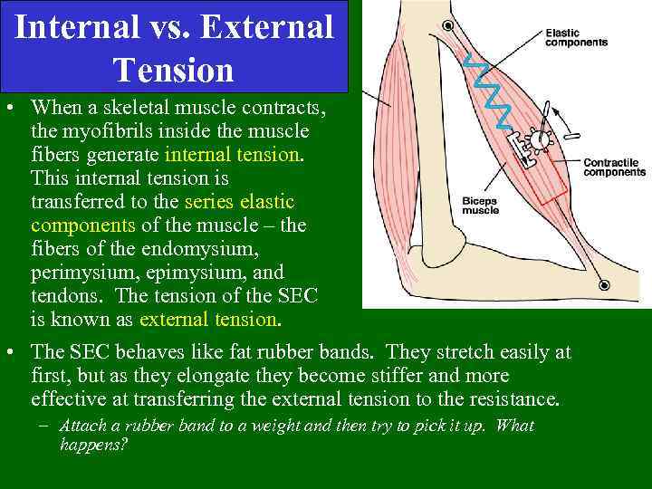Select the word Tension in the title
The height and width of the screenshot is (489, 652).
coord(174,69)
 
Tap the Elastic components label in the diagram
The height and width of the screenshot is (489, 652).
coord(576,38)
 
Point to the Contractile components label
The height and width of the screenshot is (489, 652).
coord(613,168)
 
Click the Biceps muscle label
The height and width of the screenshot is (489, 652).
coord(481,205)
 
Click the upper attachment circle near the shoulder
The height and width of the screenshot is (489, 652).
coord(446,26)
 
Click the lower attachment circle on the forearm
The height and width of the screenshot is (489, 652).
coord(605,285)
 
